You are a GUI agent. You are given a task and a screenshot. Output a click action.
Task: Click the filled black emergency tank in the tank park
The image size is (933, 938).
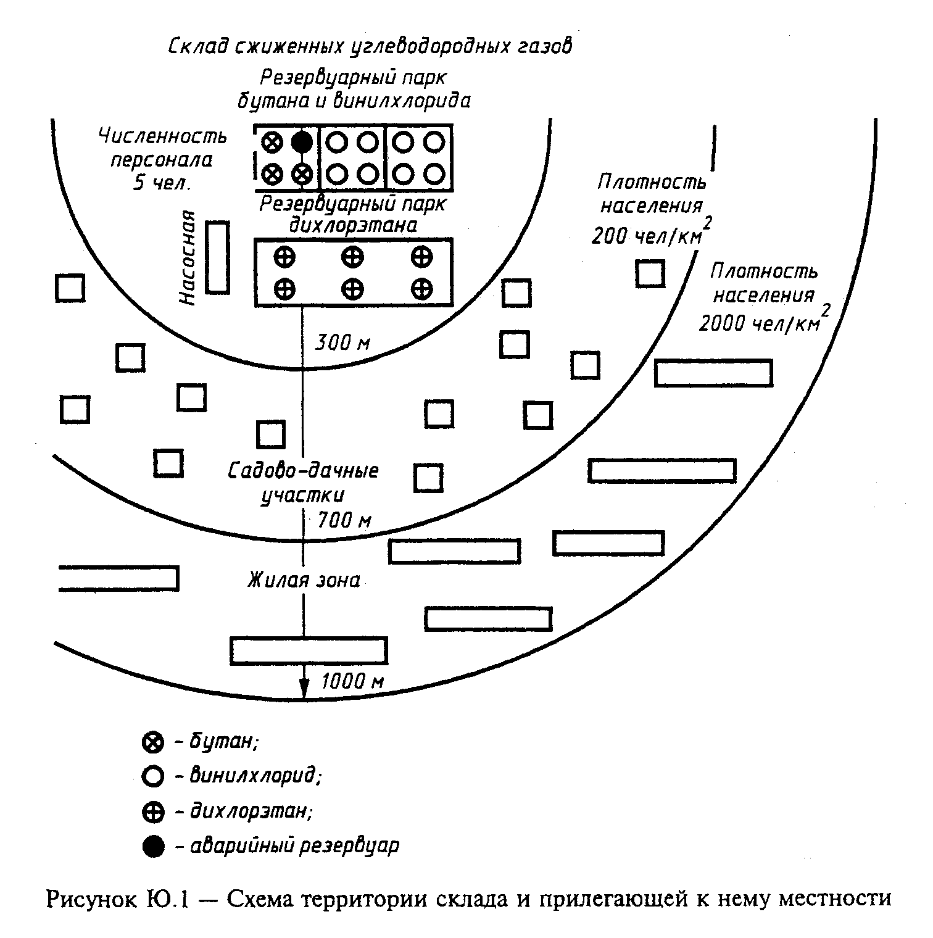coord(302,142)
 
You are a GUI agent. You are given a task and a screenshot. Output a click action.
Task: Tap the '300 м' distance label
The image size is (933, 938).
coord(342,342)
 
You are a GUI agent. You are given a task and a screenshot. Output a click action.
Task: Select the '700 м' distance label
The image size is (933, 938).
coord(344,521)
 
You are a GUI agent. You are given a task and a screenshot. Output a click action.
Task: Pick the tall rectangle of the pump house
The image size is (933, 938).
coord(217,257)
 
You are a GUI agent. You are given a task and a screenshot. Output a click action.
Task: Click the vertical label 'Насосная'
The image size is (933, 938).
coord(188,258)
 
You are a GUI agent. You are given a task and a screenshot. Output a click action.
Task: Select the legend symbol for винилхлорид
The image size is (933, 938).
coord(152,776)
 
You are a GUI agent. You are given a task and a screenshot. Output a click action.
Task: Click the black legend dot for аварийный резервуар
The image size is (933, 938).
coord(152,846)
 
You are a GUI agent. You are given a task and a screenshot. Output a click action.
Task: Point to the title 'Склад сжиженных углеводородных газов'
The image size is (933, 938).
coord(370,47)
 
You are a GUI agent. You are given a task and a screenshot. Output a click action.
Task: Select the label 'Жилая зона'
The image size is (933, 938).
coord(304,581)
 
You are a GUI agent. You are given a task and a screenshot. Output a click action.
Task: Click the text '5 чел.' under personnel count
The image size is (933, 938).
coord(162,183)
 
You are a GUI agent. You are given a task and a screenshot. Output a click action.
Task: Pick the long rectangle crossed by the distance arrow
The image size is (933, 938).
coord(309,650)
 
